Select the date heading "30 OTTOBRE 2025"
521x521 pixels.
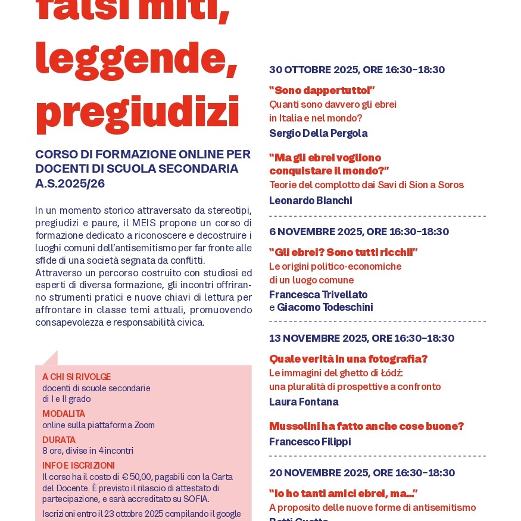tap(314, 70)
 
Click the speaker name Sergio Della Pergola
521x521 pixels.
tap(318, 133)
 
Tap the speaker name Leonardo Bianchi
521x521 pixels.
tap(310, 201)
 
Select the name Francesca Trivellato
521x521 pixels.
tap(318, 295)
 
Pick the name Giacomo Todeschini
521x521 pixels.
tap(325, 307)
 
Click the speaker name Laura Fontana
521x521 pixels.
tap(304, 402)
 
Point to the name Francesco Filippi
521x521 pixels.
tap(310, 442)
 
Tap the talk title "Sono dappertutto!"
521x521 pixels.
tap(322, 91)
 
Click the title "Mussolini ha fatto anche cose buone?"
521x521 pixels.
tap(366, 426)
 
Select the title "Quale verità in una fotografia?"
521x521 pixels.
tap(348, 359)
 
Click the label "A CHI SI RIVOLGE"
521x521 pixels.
tap(76, 377)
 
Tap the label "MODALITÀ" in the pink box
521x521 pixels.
tap(64, 414)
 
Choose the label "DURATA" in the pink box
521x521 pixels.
tap(59, 440)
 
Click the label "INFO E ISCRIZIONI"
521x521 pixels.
tap(79, 466)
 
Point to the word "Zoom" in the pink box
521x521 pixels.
tap(144, 425)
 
